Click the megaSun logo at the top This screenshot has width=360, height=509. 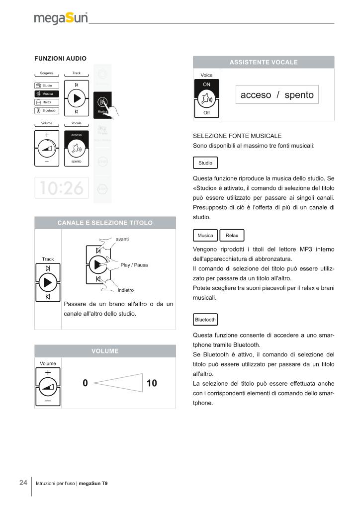tap(61, 18)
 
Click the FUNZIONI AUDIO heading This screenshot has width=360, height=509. tap(60, 59)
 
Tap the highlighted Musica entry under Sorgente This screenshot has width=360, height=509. tap(47, 94)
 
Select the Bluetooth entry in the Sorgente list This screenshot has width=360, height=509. tap(47, 110)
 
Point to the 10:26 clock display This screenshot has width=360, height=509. tap(62, 188)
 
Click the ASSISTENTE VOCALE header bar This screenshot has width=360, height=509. tap(263, 63)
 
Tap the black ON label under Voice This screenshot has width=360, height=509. tap(206, 85)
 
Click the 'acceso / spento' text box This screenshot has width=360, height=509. tap(277, 94)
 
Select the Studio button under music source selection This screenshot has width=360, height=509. tap(205, 163)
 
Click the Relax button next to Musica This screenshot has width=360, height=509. tap(232, 236)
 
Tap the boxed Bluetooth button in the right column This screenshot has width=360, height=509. tap(205, 320)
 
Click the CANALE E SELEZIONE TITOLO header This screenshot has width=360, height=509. tap(105, 223)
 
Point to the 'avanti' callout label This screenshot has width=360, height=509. tap(122, 240)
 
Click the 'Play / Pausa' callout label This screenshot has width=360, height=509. tap(134, 265)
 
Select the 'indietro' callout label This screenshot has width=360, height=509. tap(125, 290)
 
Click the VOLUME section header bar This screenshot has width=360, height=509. tap(105, 351)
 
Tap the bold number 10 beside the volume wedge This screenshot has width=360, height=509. tap(152, 383)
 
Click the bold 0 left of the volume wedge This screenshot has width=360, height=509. tap(85, 383)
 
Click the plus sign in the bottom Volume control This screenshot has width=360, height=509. tap(48, 372)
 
